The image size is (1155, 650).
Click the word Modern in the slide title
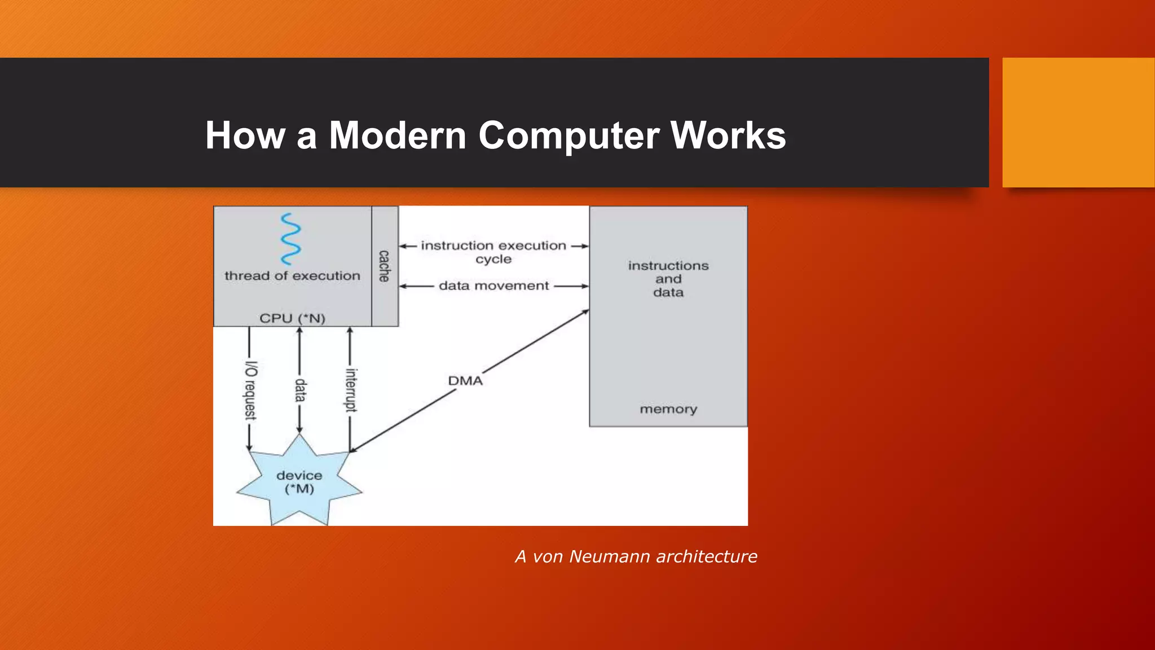(397, 135)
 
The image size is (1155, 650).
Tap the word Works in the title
(728, 135)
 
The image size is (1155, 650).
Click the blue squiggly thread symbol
(290, 239)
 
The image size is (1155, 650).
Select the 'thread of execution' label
(292, 276)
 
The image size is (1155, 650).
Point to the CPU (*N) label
(292, 318)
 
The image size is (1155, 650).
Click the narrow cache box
(385, 266)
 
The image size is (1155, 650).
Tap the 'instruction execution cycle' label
(493, 252)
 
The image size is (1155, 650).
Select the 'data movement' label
(493, 286)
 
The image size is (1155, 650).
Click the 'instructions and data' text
(668, 279)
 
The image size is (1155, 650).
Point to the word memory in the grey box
(668, 409)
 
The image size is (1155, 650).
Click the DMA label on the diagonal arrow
(465, 381)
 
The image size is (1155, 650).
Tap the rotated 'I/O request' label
(250, 390)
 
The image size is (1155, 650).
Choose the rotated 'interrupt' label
(351, 390)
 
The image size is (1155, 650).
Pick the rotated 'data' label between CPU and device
(300, 390)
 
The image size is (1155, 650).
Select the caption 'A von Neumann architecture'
(636, 556)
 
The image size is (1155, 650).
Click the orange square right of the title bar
(1078, 122)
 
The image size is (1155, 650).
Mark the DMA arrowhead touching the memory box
(586, 311)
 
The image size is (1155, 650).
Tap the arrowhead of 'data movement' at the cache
(403, 287)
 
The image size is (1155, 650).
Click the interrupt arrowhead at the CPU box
(350, 331)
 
